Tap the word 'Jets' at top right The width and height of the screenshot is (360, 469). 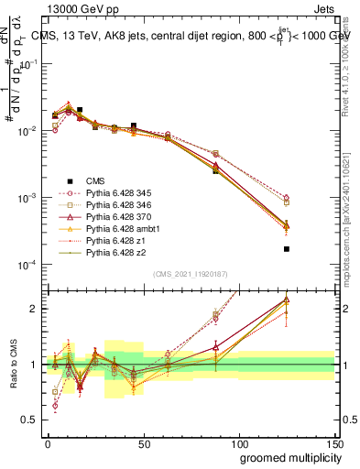325,8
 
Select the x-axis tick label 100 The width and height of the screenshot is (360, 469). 239,442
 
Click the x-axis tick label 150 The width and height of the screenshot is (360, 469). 334,442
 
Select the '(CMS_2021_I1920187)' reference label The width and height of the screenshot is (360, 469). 190,274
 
